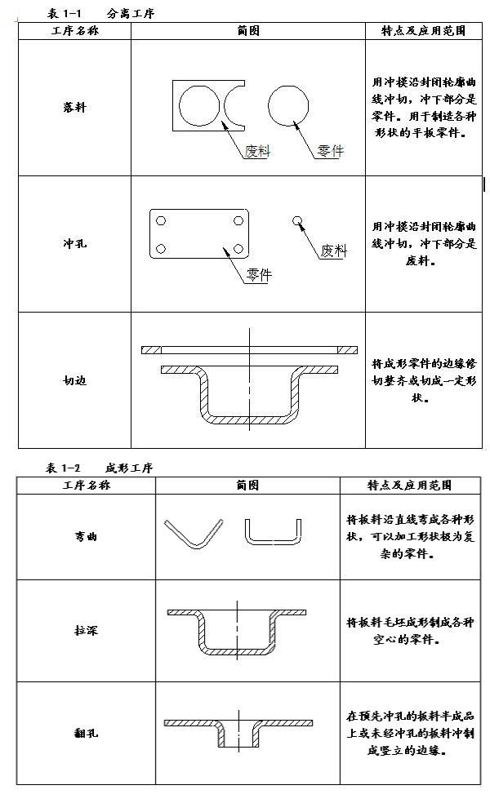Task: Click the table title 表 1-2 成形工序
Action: coord(100,468)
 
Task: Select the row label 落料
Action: coord(74,108)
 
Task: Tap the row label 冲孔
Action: coord(74,243)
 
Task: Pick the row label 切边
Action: coord(74,380)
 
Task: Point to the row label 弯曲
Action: coord(86,537)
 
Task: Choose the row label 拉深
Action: coord(86,631)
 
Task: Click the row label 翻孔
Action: coord(86,733)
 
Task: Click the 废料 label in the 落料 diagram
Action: coord(257,151)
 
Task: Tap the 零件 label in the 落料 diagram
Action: coord(330,151)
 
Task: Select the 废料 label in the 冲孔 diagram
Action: coord(333,251)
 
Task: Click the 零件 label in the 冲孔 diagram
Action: coord(258,275)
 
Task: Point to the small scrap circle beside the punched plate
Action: coord(297,220)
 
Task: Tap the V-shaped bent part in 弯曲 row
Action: coord(194,534)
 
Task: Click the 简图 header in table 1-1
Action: coord(248,31)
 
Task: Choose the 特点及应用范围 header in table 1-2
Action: coord(408,485)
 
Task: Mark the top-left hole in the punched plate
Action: coord(161,221)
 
